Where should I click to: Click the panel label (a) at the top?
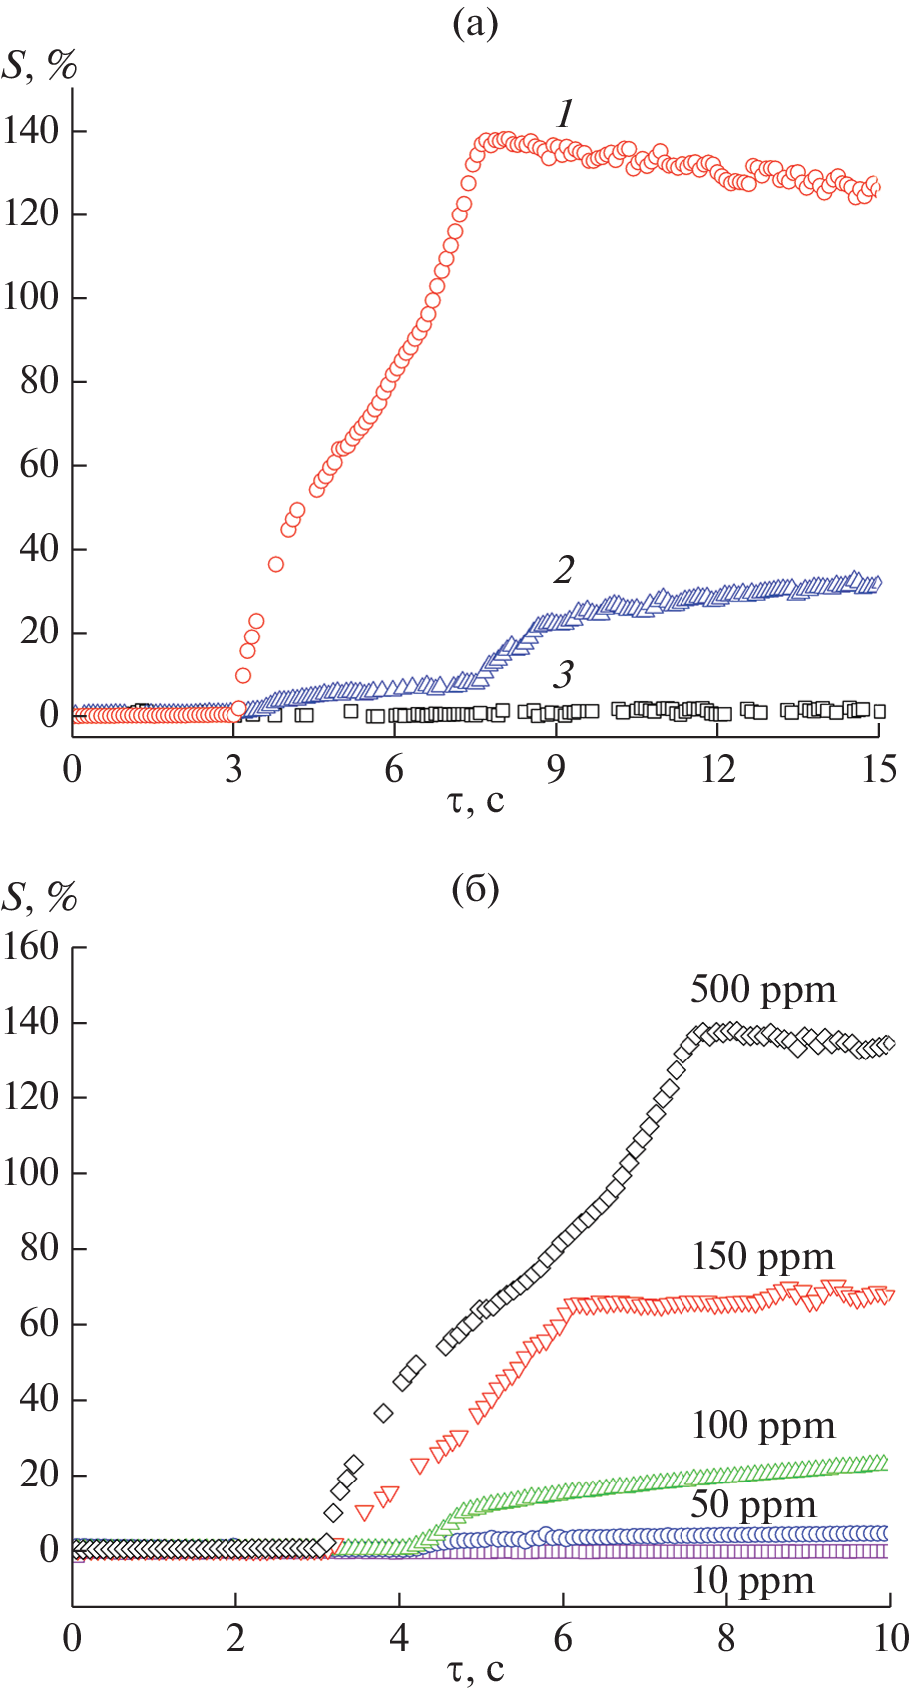pyautogui.click(x=475, y=23)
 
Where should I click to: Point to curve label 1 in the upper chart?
pyautogui.click(x=566, y=114)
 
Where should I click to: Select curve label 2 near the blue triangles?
pyautogui.click(x=564, y=570)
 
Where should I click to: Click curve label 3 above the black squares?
pyautogui.click(x=564, y=675)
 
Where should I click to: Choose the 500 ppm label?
pyautogui.click(x=763, y=990)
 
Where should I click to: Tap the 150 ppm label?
pyautogui.click(x=763, y=1257)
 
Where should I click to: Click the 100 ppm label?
pyautogui.click(x=763, y=1426)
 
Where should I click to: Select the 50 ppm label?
pyautogui.click(x=753, y=1505)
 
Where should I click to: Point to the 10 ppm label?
pyautogui.click(x=753, y=1581)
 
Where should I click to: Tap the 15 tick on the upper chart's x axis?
pyautogui.click(x=878, y=769)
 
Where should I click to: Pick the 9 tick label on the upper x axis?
pyautogui.click(x=556, y=769)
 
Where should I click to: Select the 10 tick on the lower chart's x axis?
pyautogui.click(x=888, y=1637)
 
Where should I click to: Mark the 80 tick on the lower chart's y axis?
pyautogui.click(x=40, y=1248)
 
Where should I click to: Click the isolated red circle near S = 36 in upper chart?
pyautogui.click(x=276, y=565)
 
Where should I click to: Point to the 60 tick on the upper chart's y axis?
pyautogui.click(x=40, y=465)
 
